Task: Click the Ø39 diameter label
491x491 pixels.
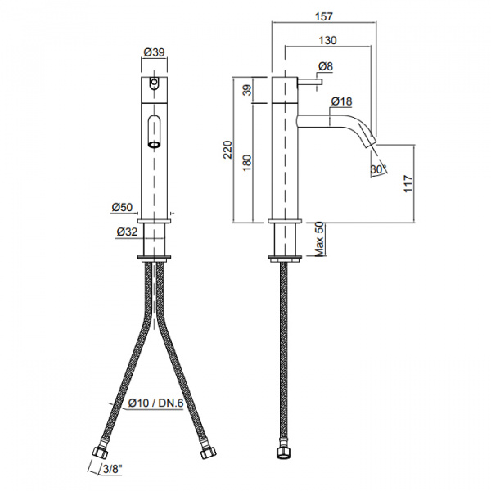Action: (154, 52)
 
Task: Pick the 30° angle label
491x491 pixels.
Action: (377, 169)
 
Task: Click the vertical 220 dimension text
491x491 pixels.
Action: (227, 149)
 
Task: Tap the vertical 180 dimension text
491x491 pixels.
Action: (247, 163)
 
